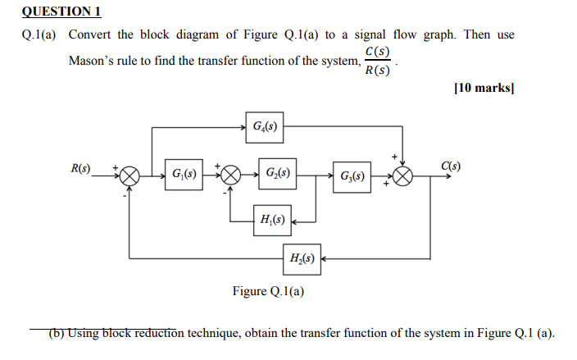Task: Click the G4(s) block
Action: click(264, 127)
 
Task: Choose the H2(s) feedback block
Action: click(301, 258)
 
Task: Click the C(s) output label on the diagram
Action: click(451, 167)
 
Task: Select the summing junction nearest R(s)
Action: click(131, 175)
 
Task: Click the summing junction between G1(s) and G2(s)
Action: click(231, 175)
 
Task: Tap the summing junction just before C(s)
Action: click(402, 175)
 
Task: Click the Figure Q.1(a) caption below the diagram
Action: click(268, 291)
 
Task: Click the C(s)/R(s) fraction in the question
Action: click(378, 62)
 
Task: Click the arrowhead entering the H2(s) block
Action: click(324, 258)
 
